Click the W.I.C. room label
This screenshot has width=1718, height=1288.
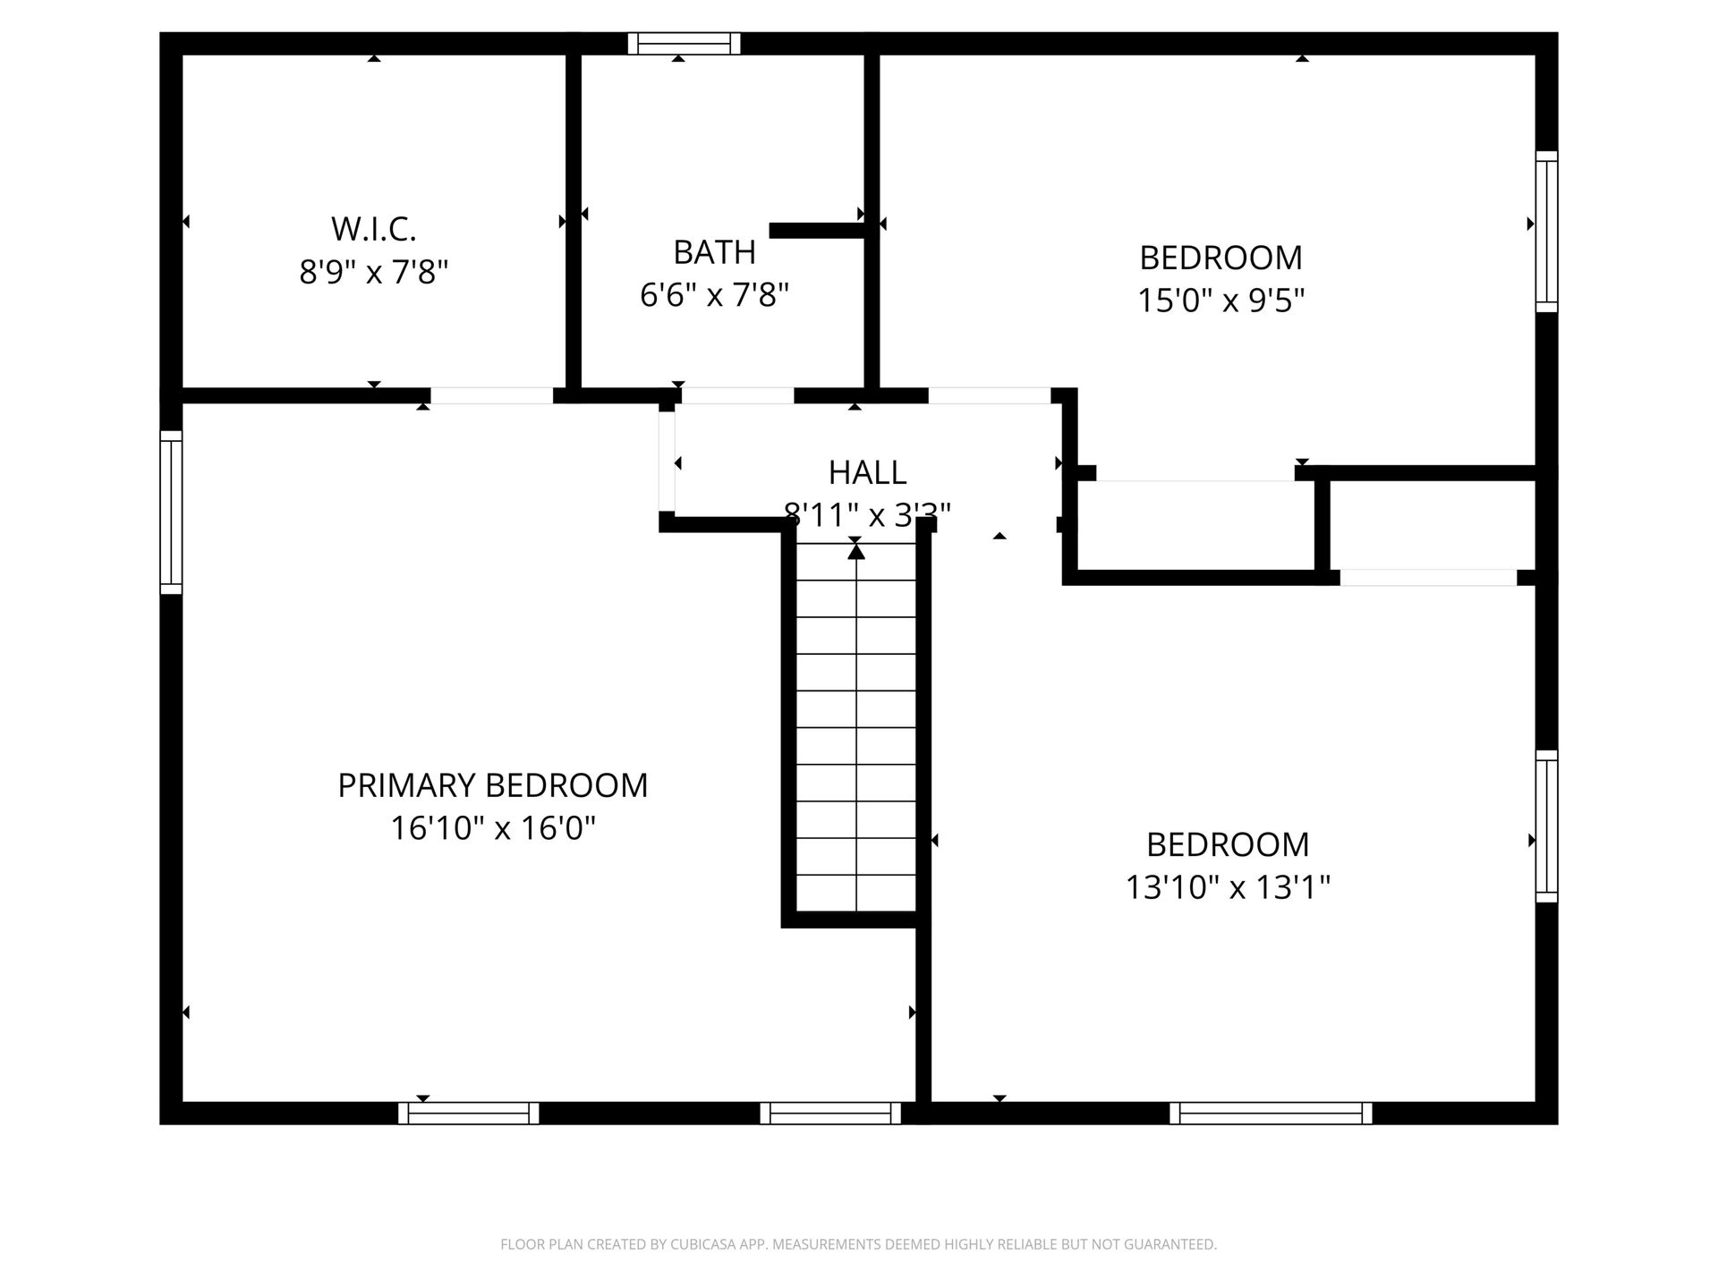tap(374, 229)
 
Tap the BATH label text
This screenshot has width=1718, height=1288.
tap(714, 252)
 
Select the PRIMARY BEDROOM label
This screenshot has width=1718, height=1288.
tap(493, 785)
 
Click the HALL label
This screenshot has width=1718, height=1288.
tap(867, 471)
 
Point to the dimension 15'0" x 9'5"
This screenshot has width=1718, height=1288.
tap(1220, 301)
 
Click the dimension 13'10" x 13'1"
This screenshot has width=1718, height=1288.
tap(1228, 887)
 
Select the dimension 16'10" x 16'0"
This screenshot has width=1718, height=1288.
tap(493, 828)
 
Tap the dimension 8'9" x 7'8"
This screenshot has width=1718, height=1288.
tap(374, 271)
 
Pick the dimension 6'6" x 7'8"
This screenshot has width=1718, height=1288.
tap(714, 294)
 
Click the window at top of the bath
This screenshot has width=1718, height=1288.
tap(685, 44)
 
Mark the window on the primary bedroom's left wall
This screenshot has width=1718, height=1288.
tap(171, 513)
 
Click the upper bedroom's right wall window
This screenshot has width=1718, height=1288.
tap(1547, 232)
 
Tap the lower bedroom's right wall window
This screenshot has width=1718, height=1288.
tap(1547, 826)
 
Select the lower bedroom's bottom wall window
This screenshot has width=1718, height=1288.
tap(1271, 1113)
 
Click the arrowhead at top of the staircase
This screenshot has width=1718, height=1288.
tap(856, 551)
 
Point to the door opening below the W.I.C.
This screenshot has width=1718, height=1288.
tap(491, 395)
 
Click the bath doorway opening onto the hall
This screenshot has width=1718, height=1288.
tap(738, 395)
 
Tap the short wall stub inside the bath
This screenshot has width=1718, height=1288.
tap(818, 230)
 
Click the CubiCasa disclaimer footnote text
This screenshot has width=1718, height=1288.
tap(859, 1244)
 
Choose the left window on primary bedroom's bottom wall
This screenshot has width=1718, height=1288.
tap(469, 1113)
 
